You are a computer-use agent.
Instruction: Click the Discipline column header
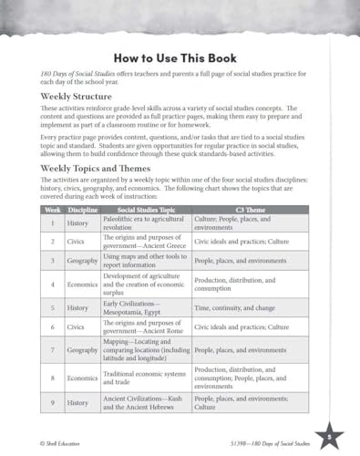point(83,210)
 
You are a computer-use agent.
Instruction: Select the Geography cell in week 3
point(83,261)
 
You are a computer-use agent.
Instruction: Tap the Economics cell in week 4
point(83,283)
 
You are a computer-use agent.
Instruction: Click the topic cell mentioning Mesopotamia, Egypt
point(145,307)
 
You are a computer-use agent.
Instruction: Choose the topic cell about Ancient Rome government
point(145,326)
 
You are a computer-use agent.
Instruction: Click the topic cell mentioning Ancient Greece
point(145,242)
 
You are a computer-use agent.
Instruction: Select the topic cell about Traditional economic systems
point(145,377)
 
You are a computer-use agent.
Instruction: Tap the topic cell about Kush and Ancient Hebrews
point(145,401)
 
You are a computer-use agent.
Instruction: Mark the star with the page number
point(328,436)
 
